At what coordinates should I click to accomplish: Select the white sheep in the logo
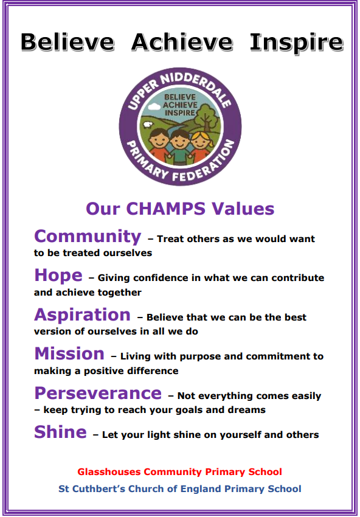pyautogui.click(x=148, y=125)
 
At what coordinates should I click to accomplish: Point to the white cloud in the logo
pyautogui.click(x=154, y=106)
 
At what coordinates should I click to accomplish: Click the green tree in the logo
pyautogui.click(x=206, y=116)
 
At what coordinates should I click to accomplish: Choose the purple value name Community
pyautogui.click(x=88, y=237)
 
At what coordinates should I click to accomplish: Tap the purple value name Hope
pyautogui.click(x=58, y=276)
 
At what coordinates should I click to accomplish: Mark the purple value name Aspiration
pyautogui.click(x=83, y=316)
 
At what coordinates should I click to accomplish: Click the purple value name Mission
pyautogui.click(x=69, y=354)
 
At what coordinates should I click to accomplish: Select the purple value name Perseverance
pyautogui.click(x=98, y=394)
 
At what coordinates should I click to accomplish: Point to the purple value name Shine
pyautogui.click(x=60, y=432)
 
